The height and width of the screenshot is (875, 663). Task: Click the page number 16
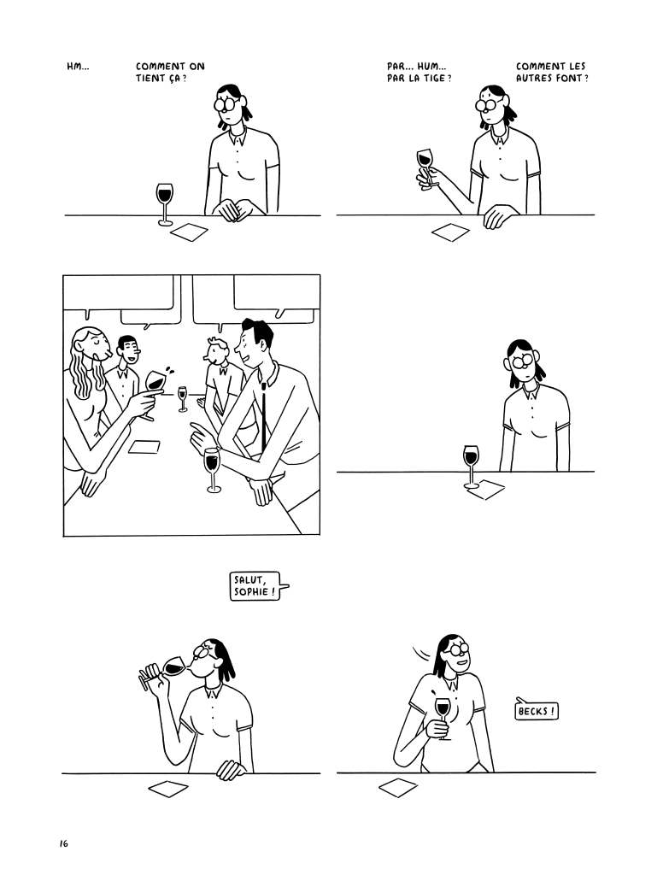(x=62, y=843)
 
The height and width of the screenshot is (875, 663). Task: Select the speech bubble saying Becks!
(x=536, y=710)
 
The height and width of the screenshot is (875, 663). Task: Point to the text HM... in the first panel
(x=78, y=67)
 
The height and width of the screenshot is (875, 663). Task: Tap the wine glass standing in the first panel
(x=165, y=204)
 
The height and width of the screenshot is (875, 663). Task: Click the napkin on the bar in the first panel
(x=189, y=232)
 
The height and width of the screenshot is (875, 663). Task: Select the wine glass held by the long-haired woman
(x=155, y=392)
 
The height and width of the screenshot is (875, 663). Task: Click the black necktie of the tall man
(x=263, y=416)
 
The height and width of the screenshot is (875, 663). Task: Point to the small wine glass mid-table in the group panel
(x=183, y=399)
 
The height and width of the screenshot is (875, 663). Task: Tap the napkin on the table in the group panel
(x=144, y=446)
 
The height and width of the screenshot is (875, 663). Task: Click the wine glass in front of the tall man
(x=213, y=470)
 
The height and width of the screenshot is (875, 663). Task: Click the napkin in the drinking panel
(x=168, y=789)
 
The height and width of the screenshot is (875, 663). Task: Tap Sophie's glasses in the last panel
(x=457, y=649)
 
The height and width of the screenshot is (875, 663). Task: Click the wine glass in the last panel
(x=443, y=718)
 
